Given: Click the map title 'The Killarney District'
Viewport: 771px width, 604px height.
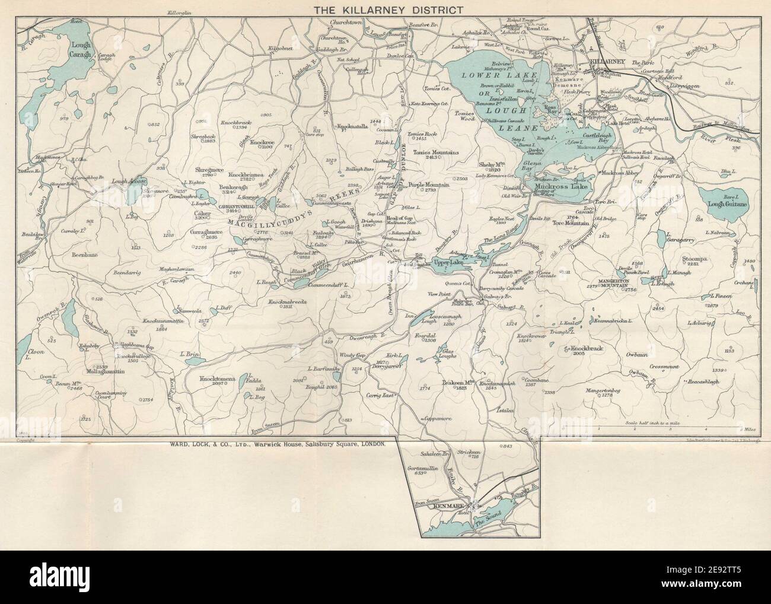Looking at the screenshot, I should click(385, 9).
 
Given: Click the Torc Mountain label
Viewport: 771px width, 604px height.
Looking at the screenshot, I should click(571, 224).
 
